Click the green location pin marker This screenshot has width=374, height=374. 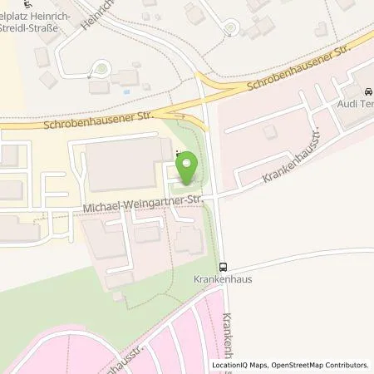186,170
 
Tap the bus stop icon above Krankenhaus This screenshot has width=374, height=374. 222,267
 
